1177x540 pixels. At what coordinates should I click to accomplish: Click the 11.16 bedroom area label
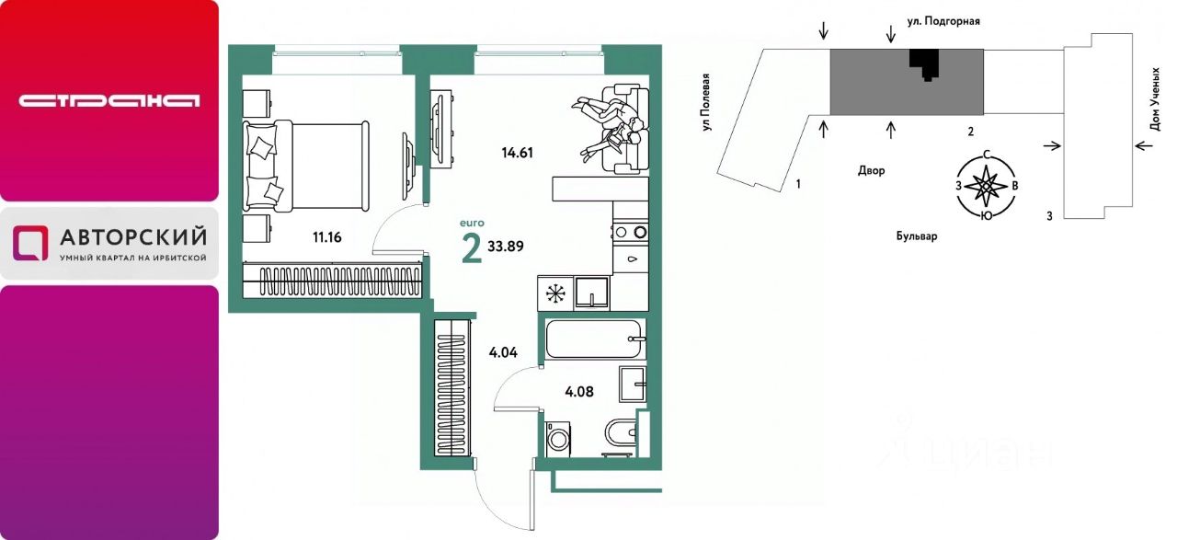[x=326, y=237]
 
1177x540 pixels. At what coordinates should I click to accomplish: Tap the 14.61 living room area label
[x=517, y=153]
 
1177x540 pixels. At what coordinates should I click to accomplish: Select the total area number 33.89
[x=506, y=247]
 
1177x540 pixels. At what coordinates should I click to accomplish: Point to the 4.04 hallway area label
[x=503, y=353]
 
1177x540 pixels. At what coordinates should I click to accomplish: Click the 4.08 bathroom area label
[x=579, y=392]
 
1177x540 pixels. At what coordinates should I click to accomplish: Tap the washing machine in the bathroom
[x=558, y=439]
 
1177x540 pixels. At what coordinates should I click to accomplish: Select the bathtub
[x=595, y=339]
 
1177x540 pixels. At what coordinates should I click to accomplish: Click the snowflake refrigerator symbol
[x=554, y=293]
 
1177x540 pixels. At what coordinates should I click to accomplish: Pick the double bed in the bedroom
[x=306, y=167]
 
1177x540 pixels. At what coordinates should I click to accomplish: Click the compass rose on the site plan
[x=987, y=186]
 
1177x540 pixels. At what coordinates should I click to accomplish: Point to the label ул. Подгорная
[x=943, y=21]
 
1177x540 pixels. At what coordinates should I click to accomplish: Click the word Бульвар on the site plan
[x=917, y=236]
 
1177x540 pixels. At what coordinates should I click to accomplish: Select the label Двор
[x=871, y=170]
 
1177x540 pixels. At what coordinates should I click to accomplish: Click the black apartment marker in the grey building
[x=924, y=63]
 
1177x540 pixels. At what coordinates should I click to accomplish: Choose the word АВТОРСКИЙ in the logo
[x=133, y=237]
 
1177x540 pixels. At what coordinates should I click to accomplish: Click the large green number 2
[x=472, y=249]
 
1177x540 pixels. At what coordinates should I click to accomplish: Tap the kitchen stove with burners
[x=631, y=232]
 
